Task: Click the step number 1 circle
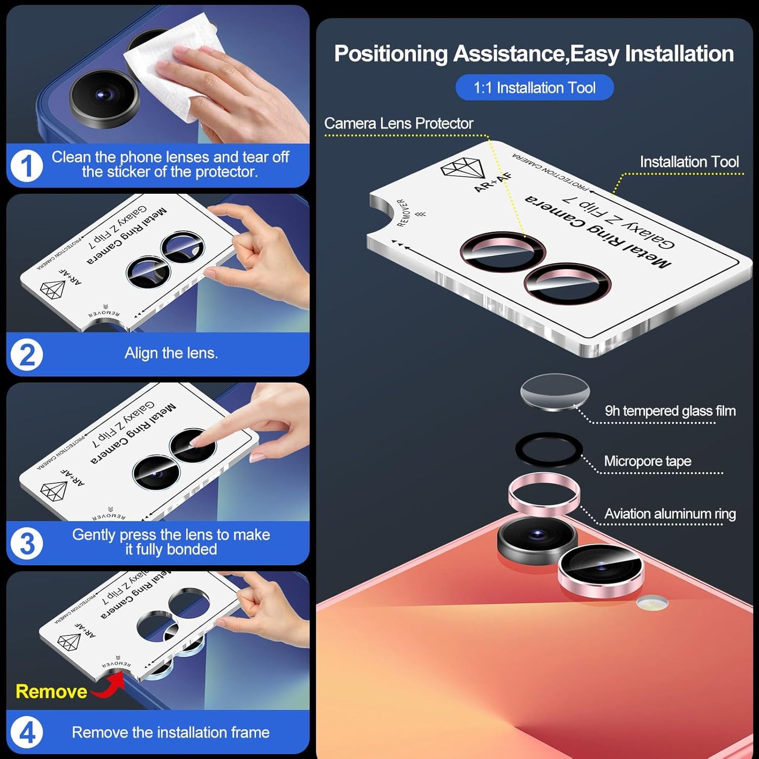[x=26, y=166]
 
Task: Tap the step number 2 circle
[x=26, y=355]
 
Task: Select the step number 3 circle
[x=26, y=543]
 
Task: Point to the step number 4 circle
[x=26, y=732]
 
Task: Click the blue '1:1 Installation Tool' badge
[x=534, y=88]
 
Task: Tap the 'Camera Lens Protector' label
[x=399, y=123]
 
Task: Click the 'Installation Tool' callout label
[x=689, y=162]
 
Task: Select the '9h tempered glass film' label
[x=670, y=411]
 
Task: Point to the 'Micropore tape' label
[x=647, y=461]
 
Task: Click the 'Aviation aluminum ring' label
[x=670, y=514]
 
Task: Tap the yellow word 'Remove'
[x=51, y=691]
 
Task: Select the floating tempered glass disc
[x=555, y=392]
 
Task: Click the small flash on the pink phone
[x=652, y=603]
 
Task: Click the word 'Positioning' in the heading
[x=391, y=54]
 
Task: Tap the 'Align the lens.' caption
[x=171, y=353]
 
